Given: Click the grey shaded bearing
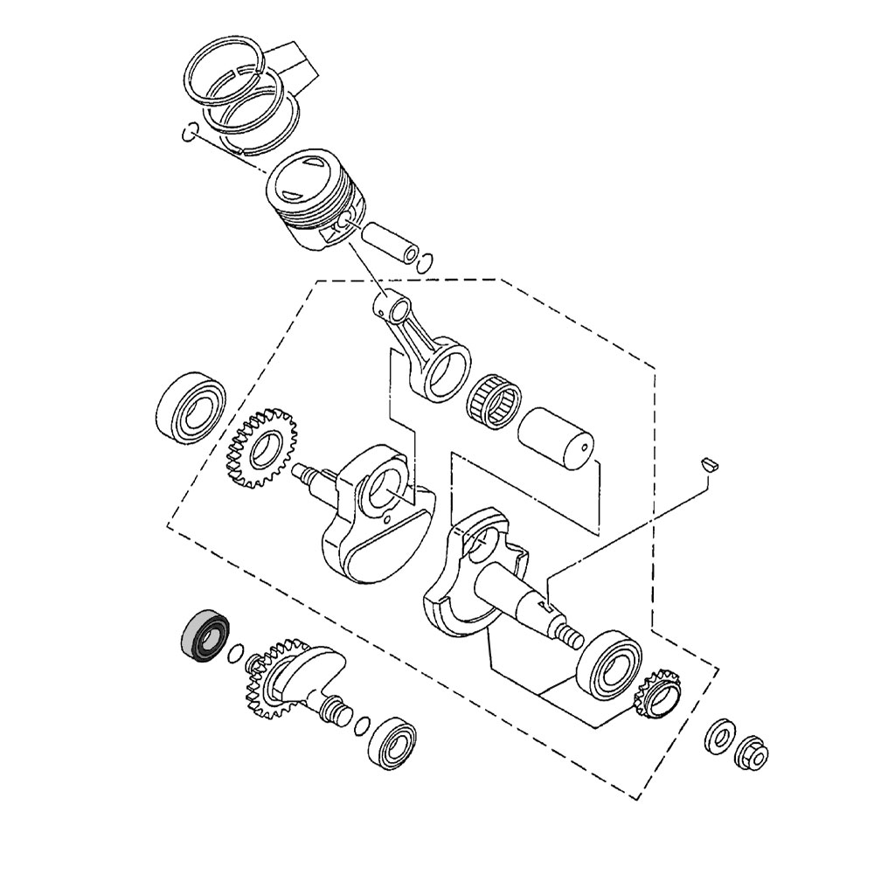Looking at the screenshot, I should (x=203, y=635).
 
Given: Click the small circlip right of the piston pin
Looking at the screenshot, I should (x=427, y=260).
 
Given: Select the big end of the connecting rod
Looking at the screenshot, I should (x=446, y=363).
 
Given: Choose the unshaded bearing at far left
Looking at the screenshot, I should (x=191, y=406).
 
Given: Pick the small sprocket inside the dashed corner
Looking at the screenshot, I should (x=657, y=693).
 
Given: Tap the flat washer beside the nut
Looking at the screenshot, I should (x=719, y=737).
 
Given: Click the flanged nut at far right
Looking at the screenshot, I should (x=753, y=753).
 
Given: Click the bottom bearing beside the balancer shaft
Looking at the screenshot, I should (x=392, y=743).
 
